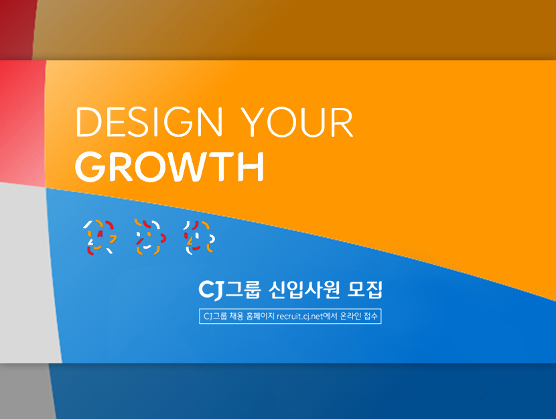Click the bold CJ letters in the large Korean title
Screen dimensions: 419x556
[211, 290]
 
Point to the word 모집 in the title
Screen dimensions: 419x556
[366, 290]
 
